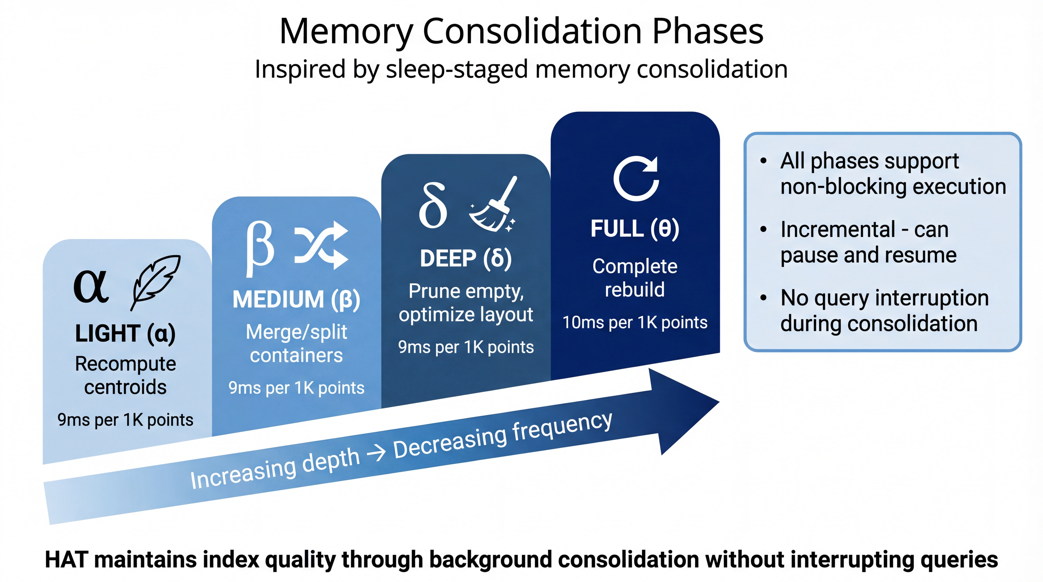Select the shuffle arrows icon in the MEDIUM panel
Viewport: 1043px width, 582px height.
[x=321, y=245]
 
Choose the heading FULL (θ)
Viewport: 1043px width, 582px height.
[x=634, y=229]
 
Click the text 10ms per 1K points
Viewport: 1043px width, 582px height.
[x=634, y=323]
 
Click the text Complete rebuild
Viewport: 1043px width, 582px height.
[x=634, y=278]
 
